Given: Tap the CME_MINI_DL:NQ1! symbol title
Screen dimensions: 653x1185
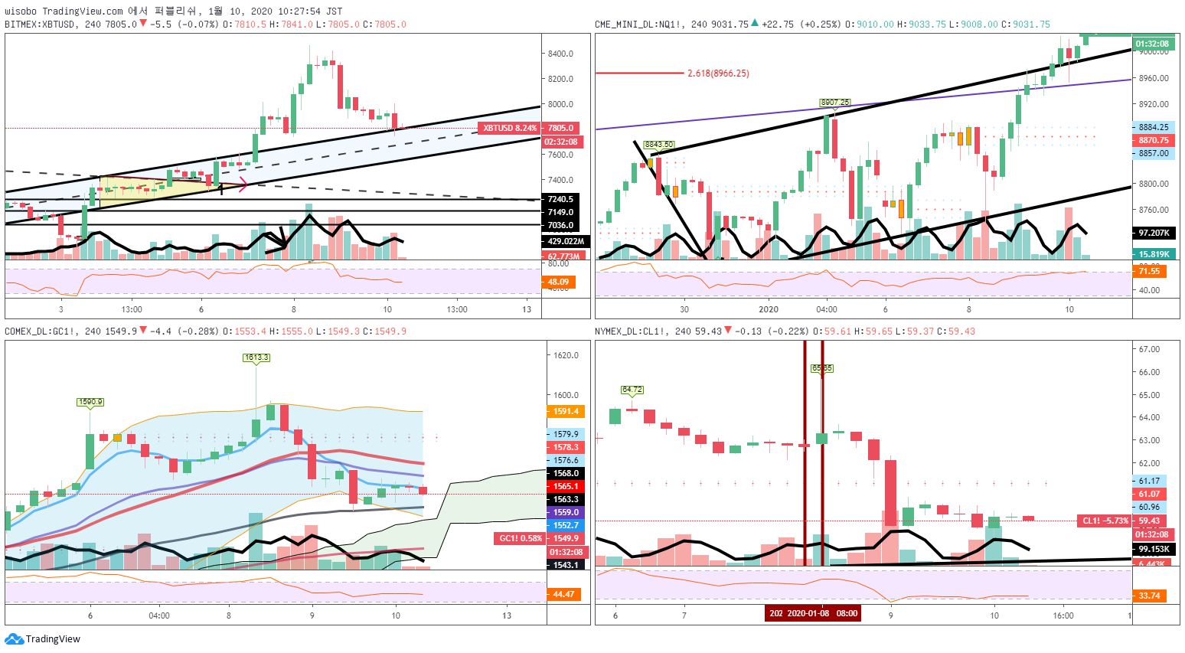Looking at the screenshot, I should (641, 24).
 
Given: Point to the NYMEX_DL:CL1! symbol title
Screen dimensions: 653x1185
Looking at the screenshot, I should (629, 331).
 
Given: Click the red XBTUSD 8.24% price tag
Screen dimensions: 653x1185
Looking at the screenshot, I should (508, 128).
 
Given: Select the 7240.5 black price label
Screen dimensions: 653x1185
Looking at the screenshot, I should (560, 199).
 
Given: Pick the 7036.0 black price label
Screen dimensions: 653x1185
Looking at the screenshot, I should (560, 225).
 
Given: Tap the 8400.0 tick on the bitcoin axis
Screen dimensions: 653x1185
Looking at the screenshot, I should (560, 54).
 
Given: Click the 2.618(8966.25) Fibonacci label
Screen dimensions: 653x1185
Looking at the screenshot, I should (718, 73).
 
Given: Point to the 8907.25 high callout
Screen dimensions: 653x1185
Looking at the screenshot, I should (834, 103).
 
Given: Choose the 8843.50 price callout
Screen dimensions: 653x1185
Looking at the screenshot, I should (658, 144).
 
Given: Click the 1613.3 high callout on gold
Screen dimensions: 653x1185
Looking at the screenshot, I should (256, 358).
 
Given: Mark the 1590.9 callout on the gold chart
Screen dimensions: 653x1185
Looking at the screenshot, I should (90, 402).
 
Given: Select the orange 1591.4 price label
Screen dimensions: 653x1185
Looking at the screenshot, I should (566, 411).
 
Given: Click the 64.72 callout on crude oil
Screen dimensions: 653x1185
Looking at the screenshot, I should (632, 390).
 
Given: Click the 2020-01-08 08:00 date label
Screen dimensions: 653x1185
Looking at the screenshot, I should (813, 613).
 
